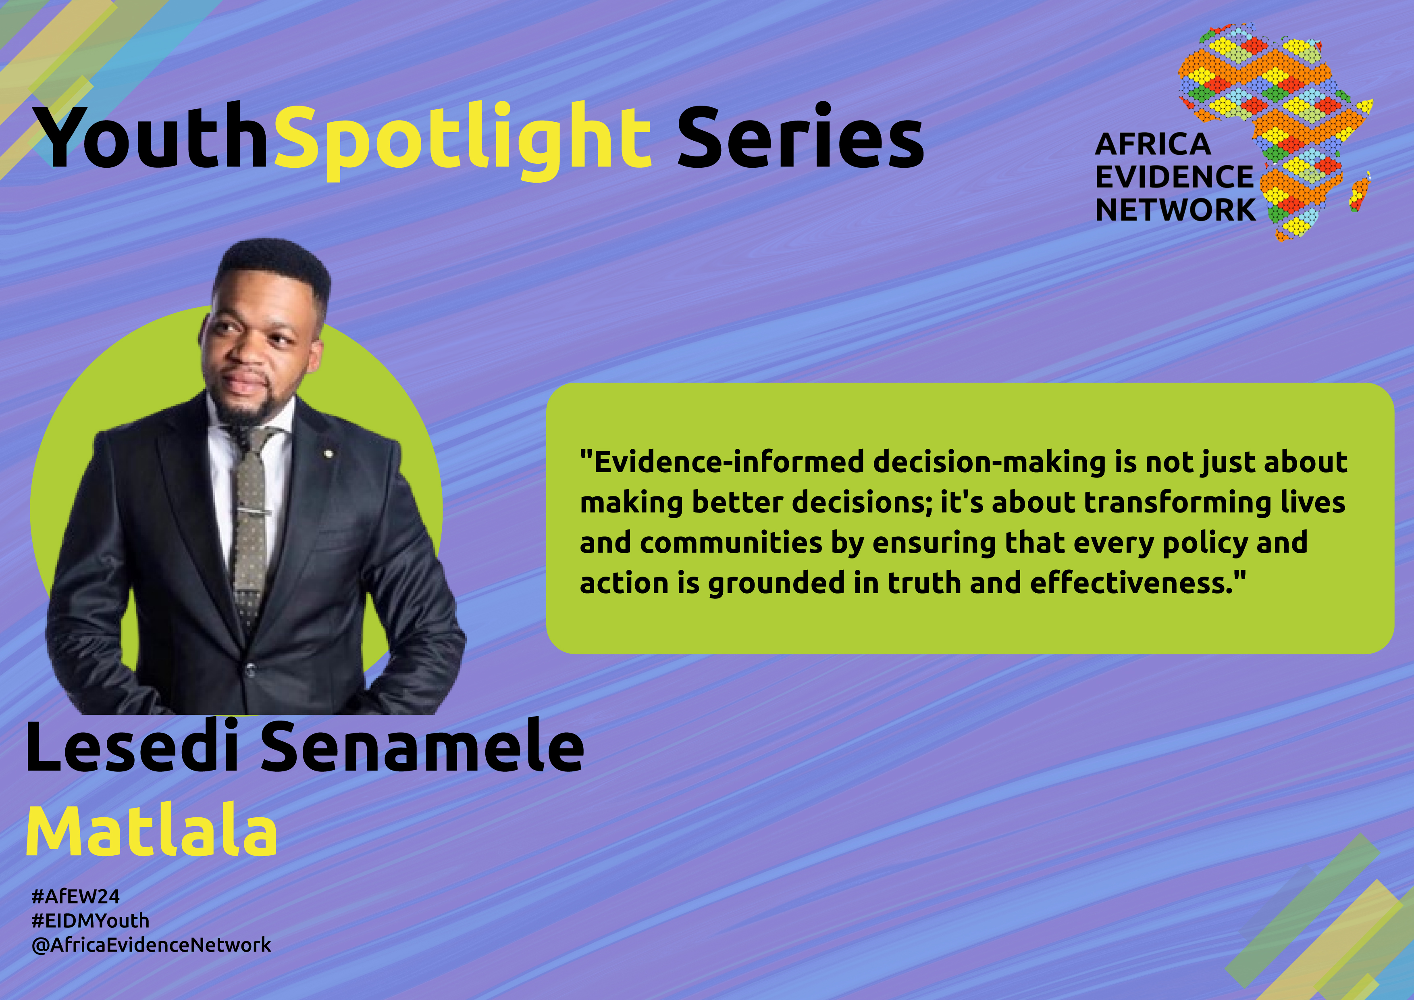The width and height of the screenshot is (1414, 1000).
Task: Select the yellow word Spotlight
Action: tap(462, 140)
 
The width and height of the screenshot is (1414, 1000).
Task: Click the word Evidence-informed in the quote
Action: tap(722, 462)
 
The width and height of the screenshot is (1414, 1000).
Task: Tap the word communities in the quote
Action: tap(731, 543)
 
